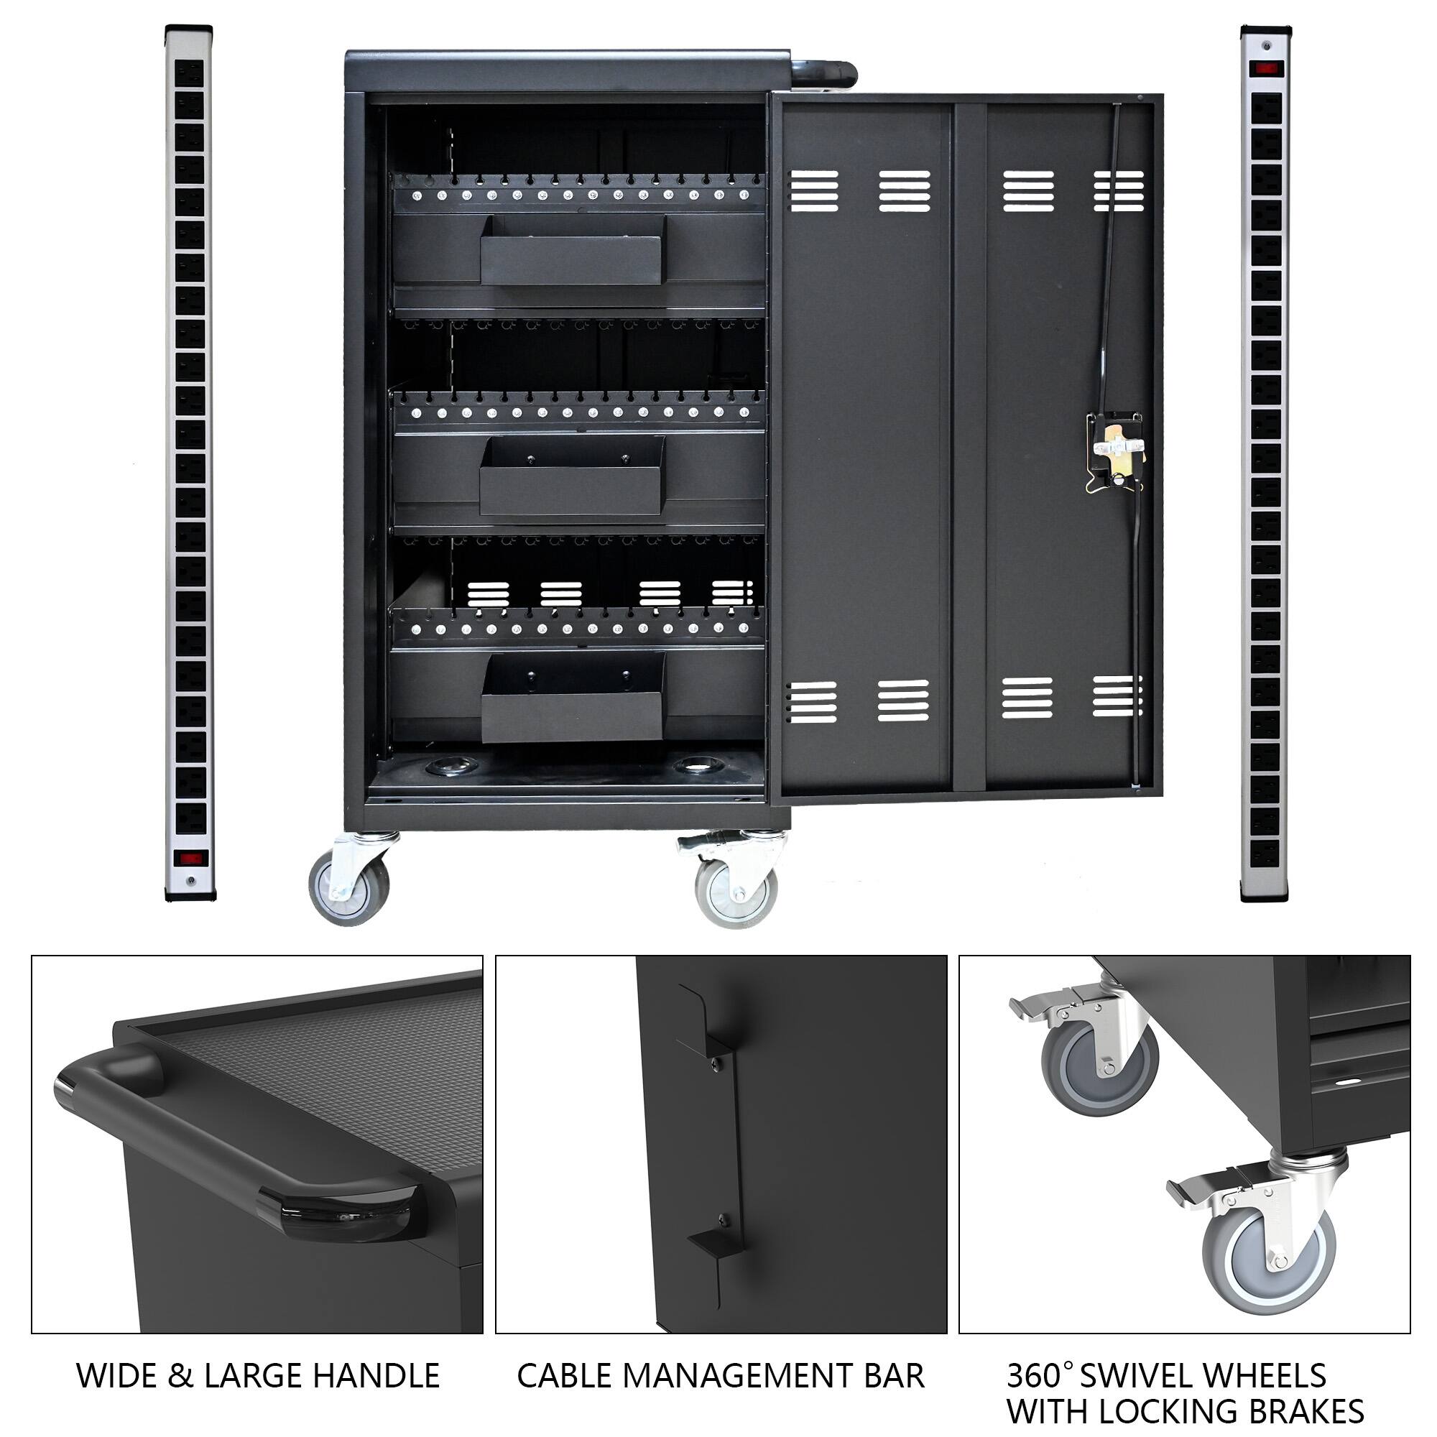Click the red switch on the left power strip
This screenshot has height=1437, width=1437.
point(189,858)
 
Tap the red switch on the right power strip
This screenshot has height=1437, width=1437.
point(1265,68)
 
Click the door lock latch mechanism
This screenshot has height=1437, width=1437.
point(1115,450)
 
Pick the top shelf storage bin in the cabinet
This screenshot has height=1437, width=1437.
point(571,250)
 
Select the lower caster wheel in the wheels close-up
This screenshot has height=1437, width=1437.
point(1269,1256)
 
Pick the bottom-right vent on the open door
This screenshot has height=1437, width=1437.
point(1117,697)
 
